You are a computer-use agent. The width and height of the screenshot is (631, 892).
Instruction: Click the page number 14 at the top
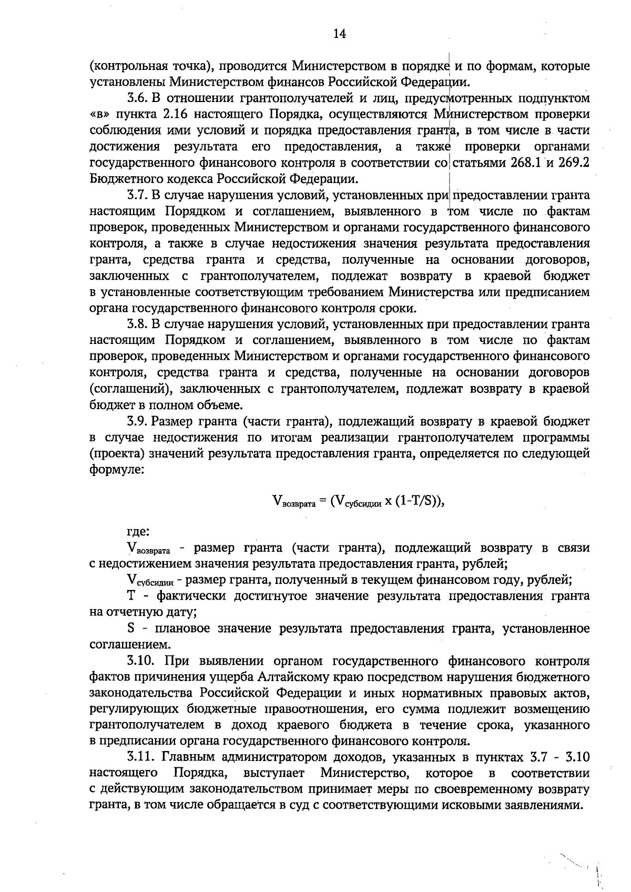[339, 34]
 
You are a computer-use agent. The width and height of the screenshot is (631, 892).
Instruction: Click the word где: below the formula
[138, 532]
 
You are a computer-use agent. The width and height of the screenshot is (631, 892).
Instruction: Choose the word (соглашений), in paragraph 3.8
[130, 389]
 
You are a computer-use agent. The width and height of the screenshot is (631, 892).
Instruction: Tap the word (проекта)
[117, 454]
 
